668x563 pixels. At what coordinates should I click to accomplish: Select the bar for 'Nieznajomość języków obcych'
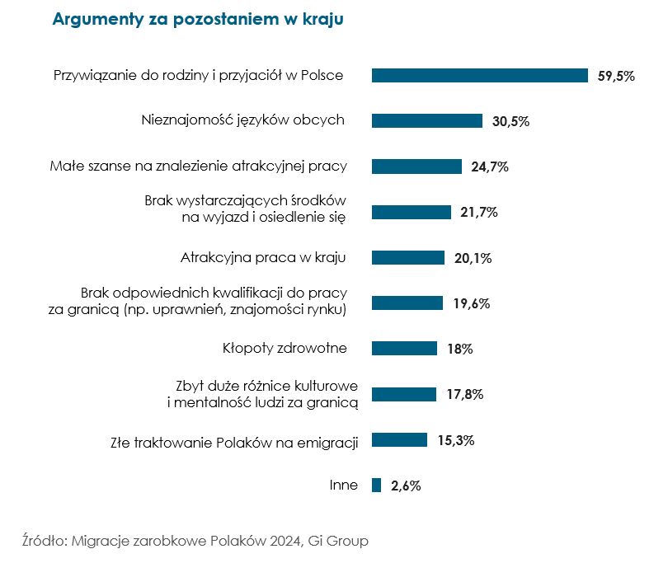point(426,121)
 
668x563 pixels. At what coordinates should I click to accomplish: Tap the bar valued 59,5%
point(479,76)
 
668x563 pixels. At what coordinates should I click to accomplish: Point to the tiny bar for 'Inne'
point(376,485)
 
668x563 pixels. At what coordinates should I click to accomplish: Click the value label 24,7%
point(489,167)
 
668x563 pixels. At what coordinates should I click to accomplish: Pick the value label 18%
point(459,349)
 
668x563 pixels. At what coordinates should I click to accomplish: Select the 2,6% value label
point(406,486)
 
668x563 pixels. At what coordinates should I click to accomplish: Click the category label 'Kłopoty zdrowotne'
point(284,348)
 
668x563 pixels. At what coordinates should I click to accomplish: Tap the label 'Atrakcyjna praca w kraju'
point(262,257)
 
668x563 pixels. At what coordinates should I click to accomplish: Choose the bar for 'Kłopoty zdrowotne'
point(404,349)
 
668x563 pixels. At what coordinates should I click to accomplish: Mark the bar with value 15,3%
point(399,439)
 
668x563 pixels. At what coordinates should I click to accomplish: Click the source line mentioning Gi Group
point(195,542)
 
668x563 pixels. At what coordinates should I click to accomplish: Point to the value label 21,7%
point(478,213)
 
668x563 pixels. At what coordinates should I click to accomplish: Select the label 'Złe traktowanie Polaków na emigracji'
point(234,442)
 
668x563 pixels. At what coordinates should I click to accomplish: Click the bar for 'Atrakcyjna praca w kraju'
point(407,258)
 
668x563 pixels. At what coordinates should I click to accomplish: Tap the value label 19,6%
point(471,303)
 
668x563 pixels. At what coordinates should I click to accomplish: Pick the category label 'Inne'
point(343,485)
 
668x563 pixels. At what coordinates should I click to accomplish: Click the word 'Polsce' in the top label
point(322,76)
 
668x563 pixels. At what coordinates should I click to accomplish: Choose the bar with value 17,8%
point(403,394)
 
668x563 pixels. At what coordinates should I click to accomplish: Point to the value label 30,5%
point(510,121)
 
